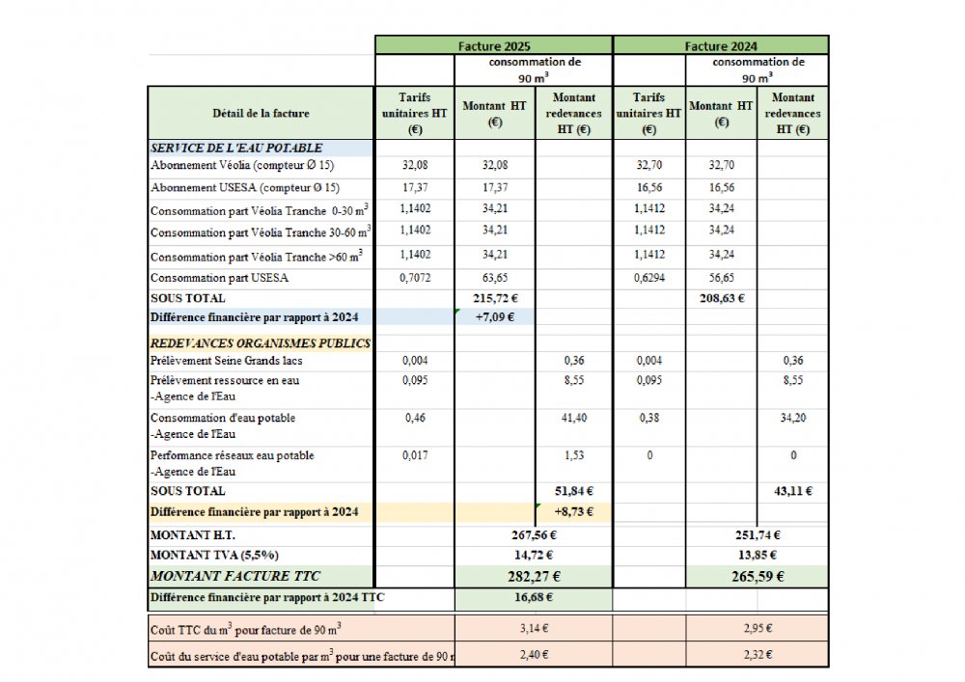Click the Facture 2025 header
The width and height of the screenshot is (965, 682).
[493, 45]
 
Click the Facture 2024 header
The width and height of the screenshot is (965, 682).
[721, 45]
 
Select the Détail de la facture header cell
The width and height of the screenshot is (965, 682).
[261, 113]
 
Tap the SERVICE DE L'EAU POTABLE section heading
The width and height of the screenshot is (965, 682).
[236, 149]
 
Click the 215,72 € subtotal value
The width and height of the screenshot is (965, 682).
[495, 298]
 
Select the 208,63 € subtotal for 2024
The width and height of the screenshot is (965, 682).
[722, 298]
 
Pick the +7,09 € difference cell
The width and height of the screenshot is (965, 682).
[495, 315]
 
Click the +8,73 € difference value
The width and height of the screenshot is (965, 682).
[574, 511]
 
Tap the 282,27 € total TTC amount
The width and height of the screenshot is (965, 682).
[533, 577]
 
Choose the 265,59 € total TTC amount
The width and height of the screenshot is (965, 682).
[758, 577]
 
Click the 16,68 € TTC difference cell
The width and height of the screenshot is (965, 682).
[533, 598]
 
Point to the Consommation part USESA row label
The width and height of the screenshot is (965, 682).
[220, 278]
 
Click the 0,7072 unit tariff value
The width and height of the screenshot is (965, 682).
[414, 278]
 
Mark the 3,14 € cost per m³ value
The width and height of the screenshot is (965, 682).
[533, 628]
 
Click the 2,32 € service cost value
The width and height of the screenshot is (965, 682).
[758, 655]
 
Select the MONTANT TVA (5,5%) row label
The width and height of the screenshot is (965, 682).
[214, 555]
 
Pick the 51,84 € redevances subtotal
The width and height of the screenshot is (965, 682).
[574, 491]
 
